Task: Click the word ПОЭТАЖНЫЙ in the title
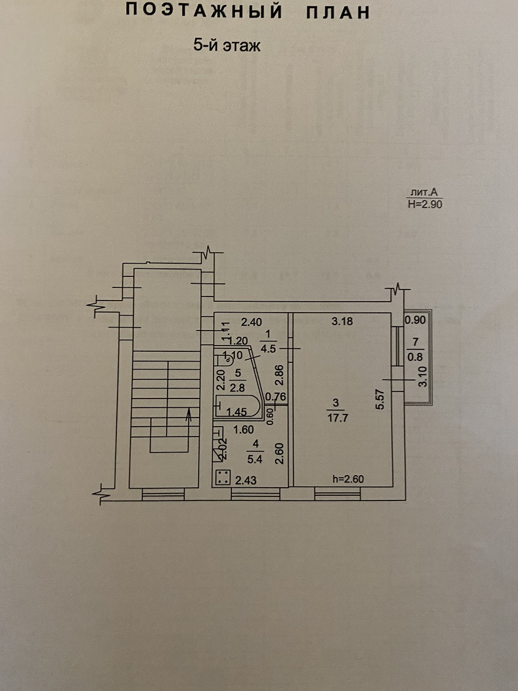(x=204, y=12)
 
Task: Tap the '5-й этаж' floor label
(x=227, y=46)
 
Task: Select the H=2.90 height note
(x=425, y=203)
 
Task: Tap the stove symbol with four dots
(x=223, y=477)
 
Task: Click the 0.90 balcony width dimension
(x=416, y=320)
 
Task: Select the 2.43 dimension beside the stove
(x=246, y=479)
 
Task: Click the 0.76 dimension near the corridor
(x=278, y=396)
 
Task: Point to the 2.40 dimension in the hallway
(x=252, y=321)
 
